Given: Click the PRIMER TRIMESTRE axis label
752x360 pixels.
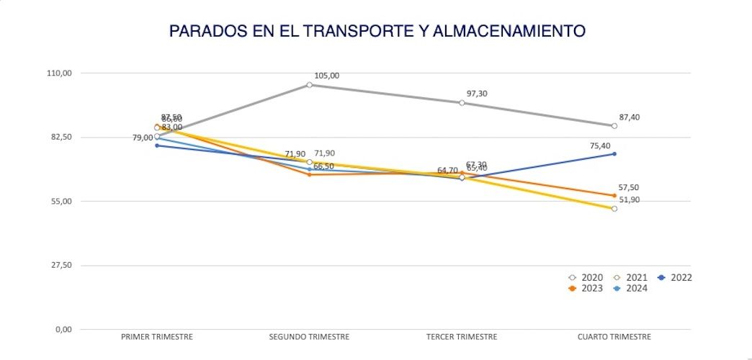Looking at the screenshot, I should (157, 336).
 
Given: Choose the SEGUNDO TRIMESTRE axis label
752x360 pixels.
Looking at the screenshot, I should (309, 336).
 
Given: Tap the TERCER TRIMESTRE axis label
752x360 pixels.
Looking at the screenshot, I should (462, 336).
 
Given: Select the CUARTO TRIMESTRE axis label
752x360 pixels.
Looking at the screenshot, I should (614, 336).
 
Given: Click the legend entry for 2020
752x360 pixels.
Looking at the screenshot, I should (586, 277).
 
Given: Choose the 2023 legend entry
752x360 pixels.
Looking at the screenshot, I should (586, 289).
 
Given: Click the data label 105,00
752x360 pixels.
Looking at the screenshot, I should (326, 76).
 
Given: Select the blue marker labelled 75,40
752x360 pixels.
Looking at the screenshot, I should (614, 154).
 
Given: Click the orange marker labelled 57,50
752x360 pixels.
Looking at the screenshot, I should (614, 195).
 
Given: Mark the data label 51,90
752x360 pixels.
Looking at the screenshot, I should (629, 200).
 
